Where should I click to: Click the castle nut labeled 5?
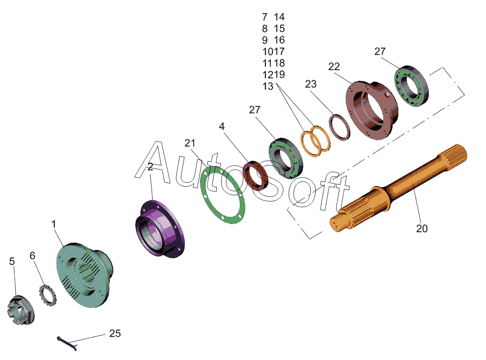tap(21, 310)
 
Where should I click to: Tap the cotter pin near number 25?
tap(67, 343)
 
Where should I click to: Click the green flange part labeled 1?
tap(85, 275)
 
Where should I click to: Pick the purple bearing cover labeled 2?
tap(159, 228)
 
